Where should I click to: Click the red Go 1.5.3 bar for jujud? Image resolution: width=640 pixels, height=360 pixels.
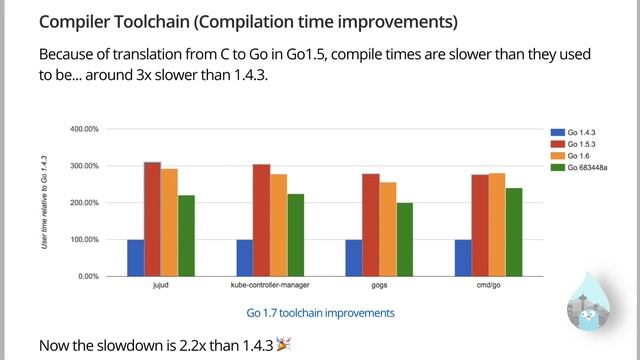pyautogui.click(x=152, y=219)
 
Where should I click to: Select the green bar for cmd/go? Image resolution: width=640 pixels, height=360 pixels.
pyautogui.click(x=514, y=232)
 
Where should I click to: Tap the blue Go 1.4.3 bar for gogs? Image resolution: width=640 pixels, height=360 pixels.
pyautogui.click(x=354, y=258)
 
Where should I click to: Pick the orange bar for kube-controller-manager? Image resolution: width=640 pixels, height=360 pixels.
pyautogui.click(x=278, y=225)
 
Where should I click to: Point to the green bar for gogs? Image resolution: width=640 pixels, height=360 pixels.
pyautogui.click(x=404, y=240)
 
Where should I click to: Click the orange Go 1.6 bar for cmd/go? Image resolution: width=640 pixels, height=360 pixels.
pyautogui.click(x=497, y=225)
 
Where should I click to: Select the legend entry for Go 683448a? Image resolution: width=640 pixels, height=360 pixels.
pyautogui.click(x=579, y=167)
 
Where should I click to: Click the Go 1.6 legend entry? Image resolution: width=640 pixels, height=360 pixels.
pyautogui.click(x=570, y=156)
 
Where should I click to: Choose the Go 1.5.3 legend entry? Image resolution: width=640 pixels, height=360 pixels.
pyautogui.click(x=573, y=144)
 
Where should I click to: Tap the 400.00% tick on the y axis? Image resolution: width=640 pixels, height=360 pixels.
pyautogui.click(x=84, y=129)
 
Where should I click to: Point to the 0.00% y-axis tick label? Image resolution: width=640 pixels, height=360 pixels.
pyautogui.click(x=89, y=276)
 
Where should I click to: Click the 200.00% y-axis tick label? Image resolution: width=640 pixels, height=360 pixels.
pyautogui.click(x=84, y=203)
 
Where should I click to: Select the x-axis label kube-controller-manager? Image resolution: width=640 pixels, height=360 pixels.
pyautogui.click(x=270, y=285)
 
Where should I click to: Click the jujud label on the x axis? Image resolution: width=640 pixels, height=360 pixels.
pyautogui.click(x=160, y=285)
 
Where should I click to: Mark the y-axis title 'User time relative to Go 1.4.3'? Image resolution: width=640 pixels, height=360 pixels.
pyautogui.click(x=44, y=202)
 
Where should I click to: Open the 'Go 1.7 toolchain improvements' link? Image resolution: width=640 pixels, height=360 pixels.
pyautogui.click(x=320, y=313)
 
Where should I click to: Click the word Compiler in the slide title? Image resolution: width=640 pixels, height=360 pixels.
pyautogui.click(x=74, y=22)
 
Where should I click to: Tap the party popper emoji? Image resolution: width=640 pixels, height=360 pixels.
pyautogui.click(x=283, y=344)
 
